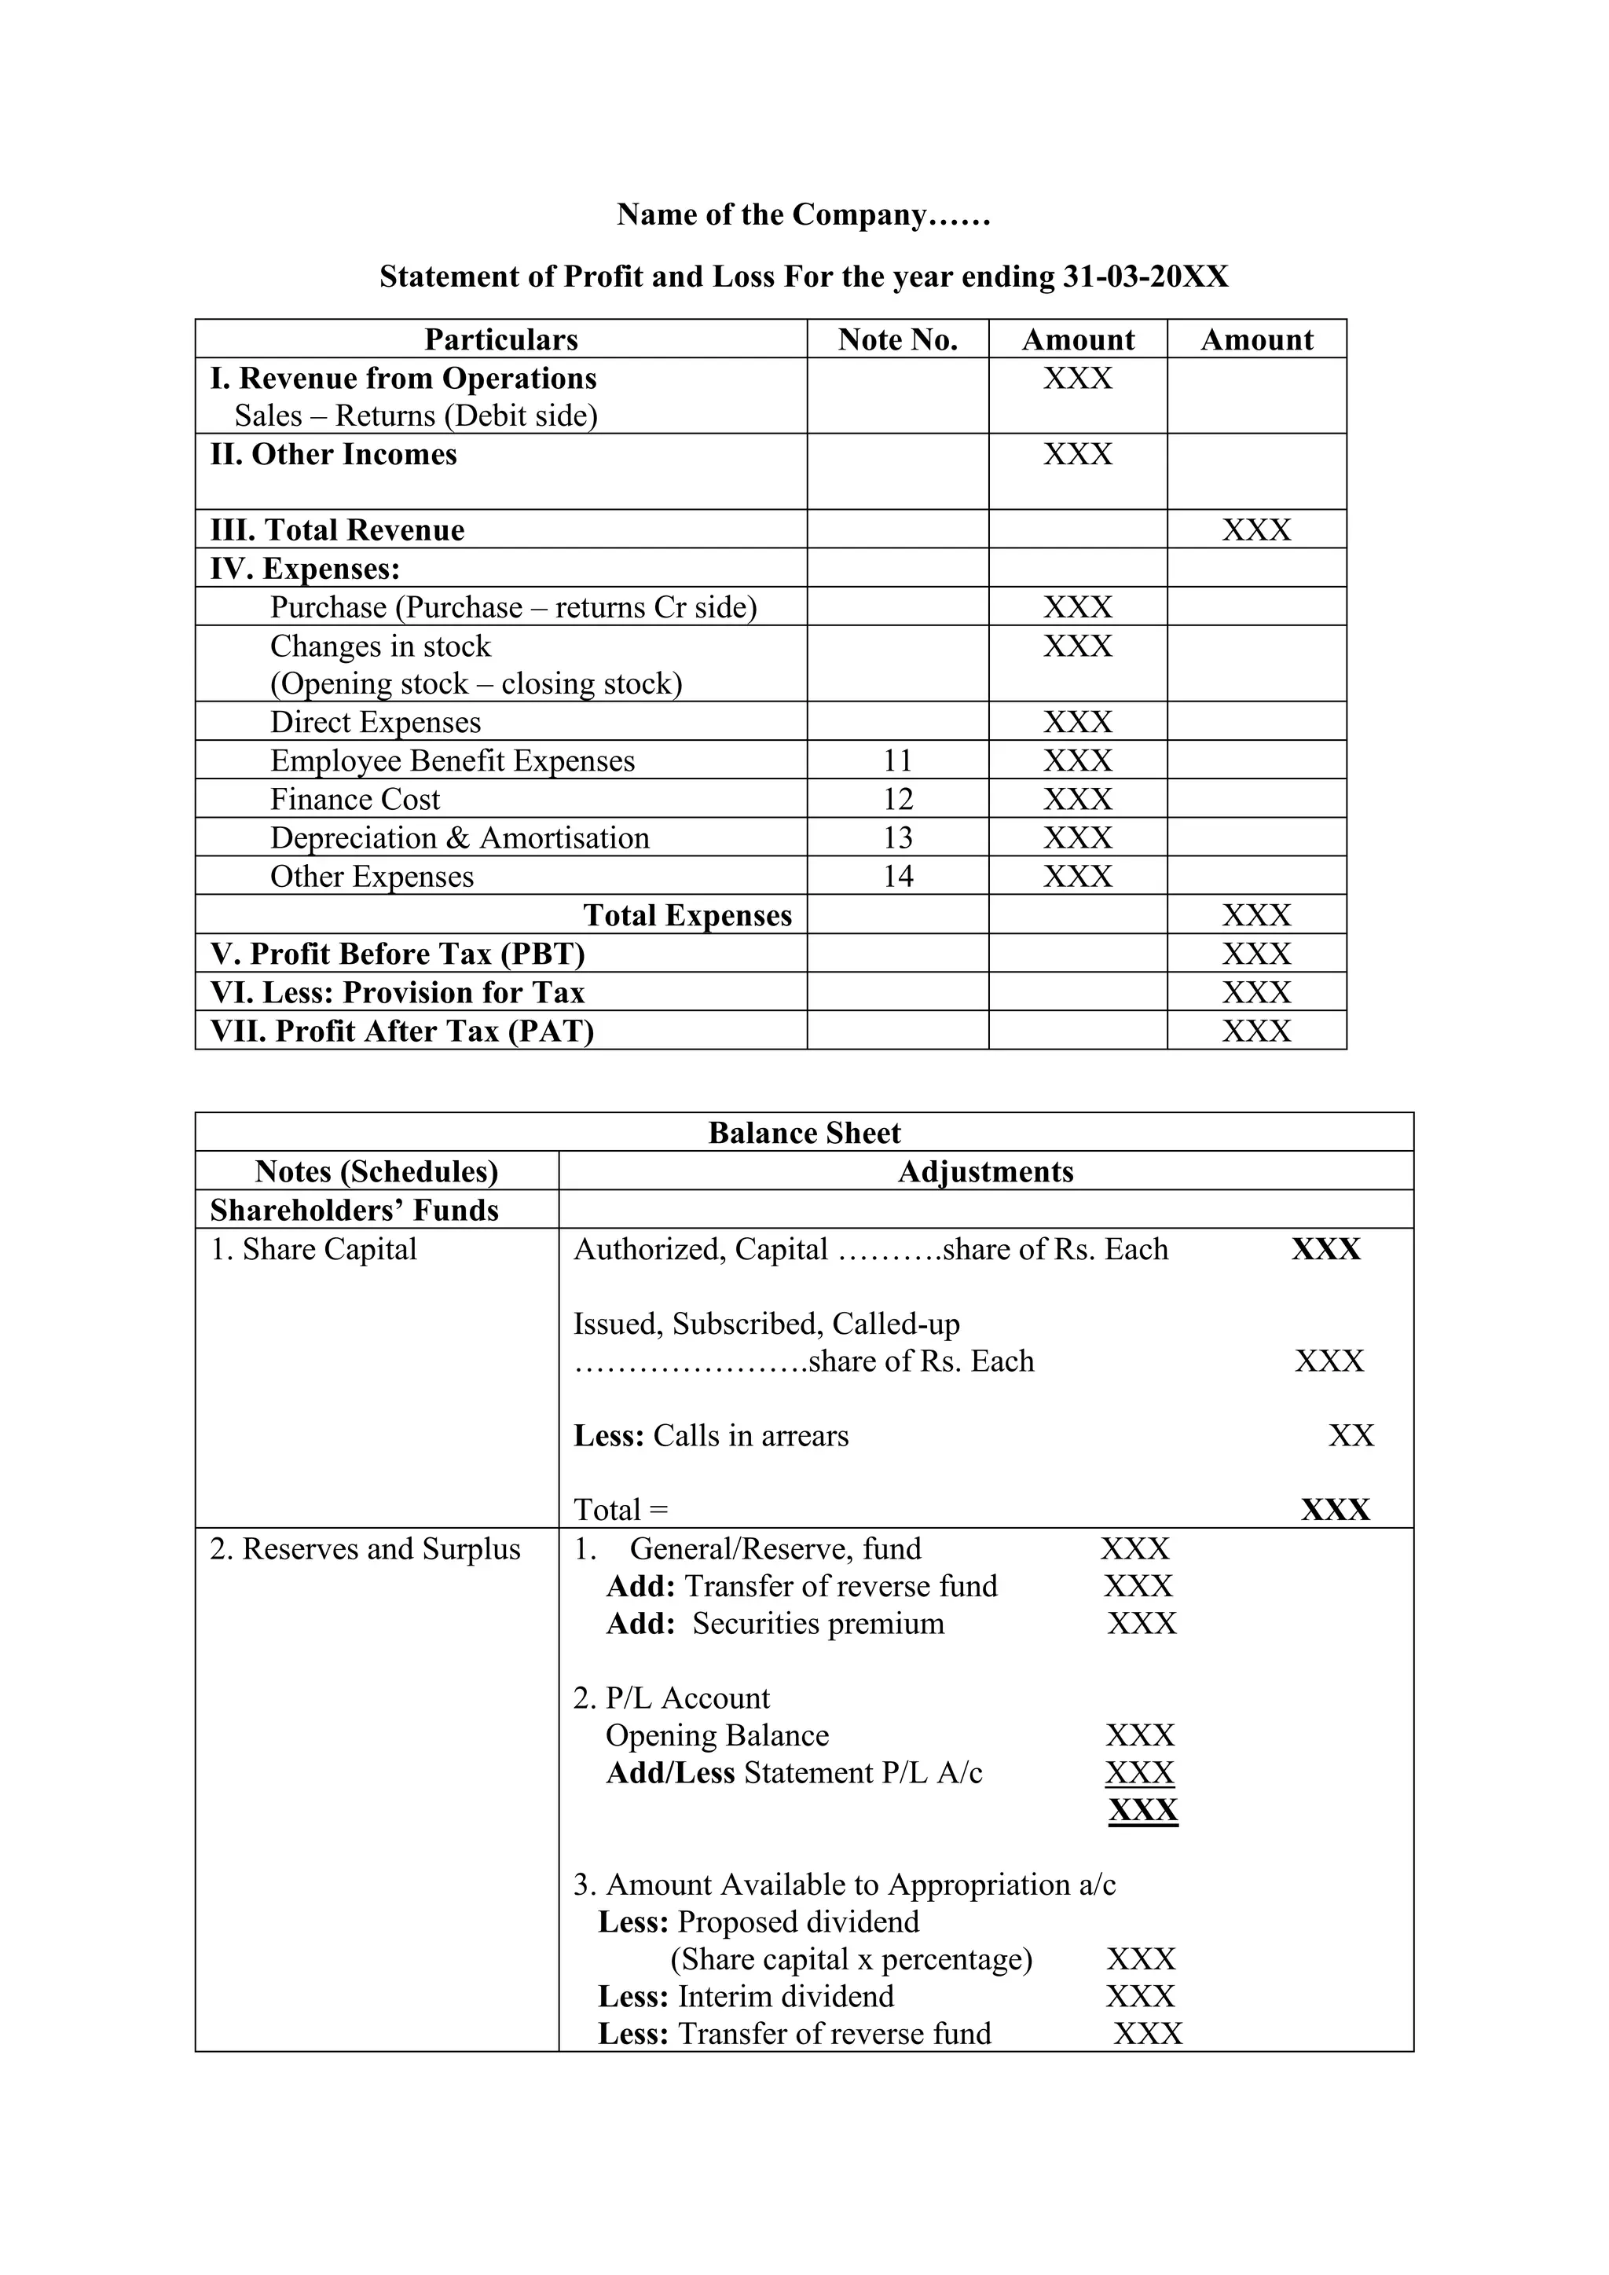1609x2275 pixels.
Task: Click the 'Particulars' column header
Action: click(500, 340)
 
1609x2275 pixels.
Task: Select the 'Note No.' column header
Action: click(898, 340)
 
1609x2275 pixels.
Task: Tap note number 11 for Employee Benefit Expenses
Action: click(898, 761)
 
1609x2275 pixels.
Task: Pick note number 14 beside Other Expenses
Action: click(898, 877)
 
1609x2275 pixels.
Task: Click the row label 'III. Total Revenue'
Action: click(337, 530)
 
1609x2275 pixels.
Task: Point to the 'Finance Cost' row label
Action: click(354, 800)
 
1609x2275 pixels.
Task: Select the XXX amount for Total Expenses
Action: click(1256, 915)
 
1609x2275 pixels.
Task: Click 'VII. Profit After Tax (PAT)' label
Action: click(401, 1031)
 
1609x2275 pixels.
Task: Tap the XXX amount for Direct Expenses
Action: click(1077, 723)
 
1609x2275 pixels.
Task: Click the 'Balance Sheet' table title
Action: click(804, 1134)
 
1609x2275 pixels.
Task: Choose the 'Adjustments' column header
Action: click(985, 1172)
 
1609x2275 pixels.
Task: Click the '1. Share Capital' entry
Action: click(313, 1250)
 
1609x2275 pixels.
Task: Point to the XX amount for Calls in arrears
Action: click(1351, 1436)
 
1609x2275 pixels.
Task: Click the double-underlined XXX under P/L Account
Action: click(1142, 1810)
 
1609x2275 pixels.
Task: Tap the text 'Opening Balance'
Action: click(717, 1736)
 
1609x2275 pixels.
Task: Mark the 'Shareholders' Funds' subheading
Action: click(354, 1211)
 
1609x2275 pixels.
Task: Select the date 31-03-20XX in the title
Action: click(1145, 277)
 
